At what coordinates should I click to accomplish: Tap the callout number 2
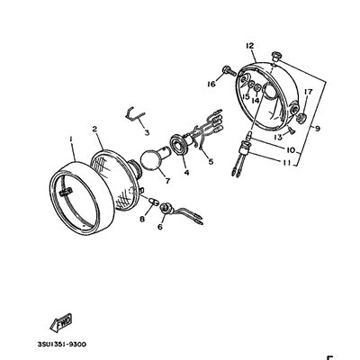point(94,130)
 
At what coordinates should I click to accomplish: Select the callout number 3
point(146,130)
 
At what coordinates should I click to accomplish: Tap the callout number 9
point(316,129)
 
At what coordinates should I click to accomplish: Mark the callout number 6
point(160,229)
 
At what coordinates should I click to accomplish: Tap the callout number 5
point(209,162)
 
